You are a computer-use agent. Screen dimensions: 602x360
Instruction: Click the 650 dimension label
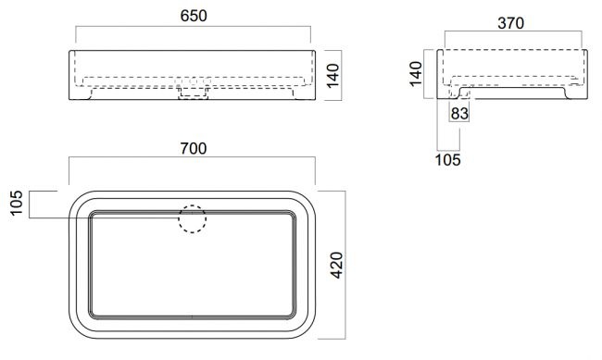194,16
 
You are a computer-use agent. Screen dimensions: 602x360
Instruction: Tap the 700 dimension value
194,148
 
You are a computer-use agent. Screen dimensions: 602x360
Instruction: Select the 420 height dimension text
336,266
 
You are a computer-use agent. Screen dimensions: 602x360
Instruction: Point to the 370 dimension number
510,23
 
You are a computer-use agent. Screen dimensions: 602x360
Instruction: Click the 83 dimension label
459,114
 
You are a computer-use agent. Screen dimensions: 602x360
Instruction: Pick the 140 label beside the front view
332,76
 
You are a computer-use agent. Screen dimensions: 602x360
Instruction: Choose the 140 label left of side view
416,74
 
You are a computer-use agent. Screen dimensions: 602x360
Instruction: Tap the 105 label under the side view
447,160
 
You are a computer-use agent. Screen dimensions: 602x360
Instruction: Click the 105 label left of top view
17,203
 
